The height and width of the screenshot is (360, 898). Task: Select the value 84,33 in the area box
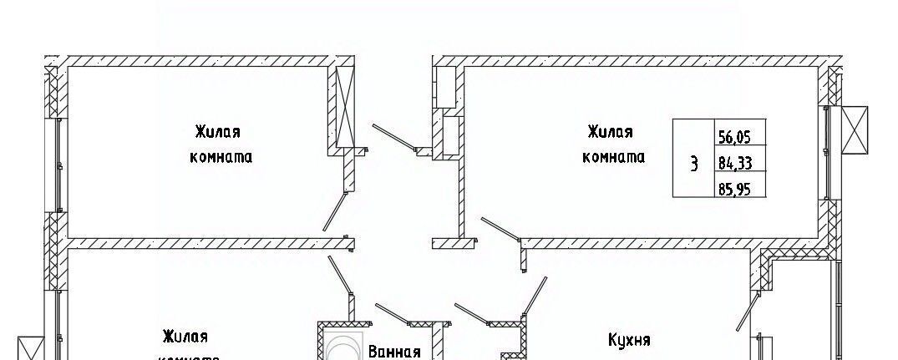734,162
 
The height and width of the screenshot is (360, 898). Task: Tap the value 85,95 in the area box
734,189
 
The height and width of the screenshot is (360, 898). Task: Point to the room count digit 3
693,163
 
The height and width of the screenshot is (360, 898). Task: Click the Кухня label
630,340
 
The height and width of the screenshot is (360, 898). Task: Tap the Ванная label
394,351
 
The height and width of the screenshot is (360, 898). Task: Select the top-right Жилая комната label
613,144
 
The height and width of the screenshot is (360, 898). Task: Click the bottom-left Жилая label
185,337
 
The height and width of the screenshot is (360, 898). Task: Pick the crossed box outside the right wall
855,130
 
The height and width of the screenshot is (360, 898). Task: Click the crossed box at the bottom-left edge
29,347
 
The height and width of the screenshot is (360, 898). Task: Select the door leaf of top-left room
335,211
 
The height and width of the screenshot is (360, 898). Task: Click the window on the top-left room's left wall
58,165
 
